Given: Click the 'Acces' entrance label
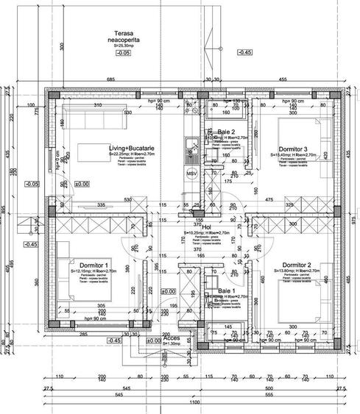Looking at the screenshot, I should click(171, 339).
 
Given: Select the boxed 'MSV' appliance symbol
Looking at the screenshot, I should click(191, 174).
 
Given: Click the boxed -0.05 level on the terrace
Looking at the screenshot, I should click(122, 53).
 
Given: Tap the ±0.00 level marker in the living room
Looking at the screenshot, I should click(80, 184).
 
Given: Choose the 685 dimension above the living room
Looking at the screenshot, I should click(112, 79).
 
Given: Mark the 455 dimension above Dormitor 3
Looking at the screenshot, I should click(281, 79).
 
